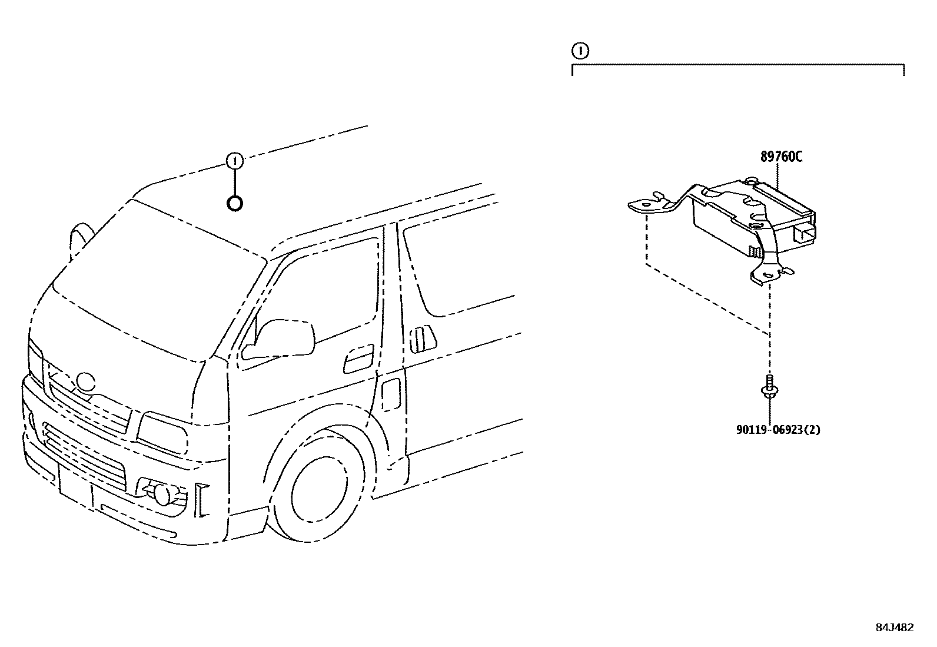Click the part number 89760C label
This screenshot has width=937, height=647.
(x=781, y=157)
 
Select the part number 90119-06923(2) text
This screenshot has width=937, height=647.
(x=777, y=430)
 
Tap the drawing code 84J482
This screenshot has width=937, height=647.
(x=894, y=627)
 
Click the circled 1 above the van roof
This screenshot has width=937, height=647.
(x=234, y=160)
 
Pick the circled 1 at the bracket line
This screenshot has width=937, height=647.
(x=580, y=51)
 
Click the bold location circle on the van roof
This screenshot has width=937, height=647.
(x=234, y=204)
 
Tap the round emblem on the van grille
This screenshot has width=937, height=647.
(x=87, y=383)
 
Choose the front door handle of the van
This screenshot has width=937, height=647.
(x=359, y=358)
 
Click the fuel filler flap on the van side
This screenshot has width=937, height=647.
(x=391, y=393)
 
